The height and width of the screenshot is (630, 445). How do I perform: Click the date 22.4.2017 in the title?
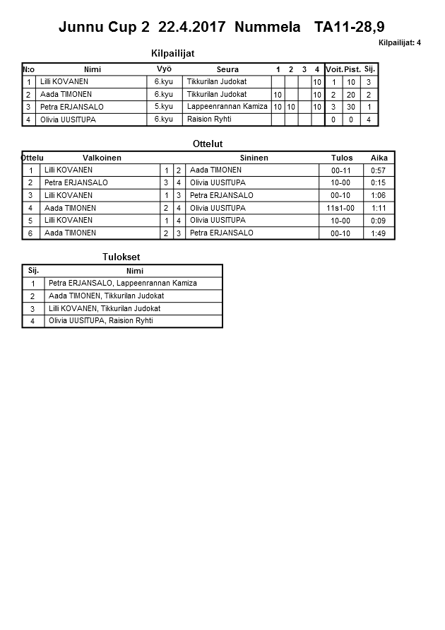pyautogui.click(x=192, y=28)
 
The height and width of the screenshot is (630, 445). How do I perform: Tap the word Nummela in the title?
pyautogui.click(x=267, y=28)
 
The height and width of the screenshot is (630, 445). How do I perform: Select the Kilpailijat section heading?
pyautogui.click(x=172, y=54)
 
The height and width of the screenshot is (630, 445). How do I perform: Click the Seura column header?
pyautogui.click(x=227, y=69)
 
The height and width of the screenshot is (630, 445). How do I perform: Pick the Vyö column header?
pyautogui.click(x=164, y=69)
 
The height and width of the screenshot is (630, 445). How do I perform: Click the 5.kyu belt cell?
pyautogui.click(x=164, y=107)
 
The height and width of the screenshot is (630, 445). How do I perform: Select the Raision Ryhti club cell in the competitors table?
pyautogui.click(x=209, y=119)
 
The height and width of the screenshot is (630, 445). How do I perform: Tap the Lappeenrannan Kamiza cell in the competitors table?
pyautogui.click(x=227, y=107)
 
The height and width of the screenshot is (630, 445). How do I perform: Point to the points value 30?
pyautogui.click(x=351, y=107)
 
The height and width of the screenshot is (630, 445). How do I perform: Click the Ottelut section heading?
pyautogui.click(x=208, y=144)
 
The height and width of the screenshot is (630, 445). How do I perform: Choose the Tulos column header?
pyautogui.click(x=342, y=158)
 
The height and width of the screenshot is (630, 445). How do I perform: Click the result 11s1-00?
pyautogui.click(x=340, y=209)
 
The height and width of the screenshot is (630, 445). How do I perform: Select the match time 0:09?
pyautogui.click(x=378, y=221)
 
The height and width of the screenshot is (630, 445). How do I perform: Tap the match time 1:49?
pyautogui.click(x=378, y=233)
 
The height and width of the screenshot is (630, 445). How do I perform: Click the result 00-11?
pyautogui.click(x=340, y=171)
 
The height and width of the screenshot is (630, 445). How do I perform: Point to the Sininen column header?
pyautogui.click(x=254, y=158)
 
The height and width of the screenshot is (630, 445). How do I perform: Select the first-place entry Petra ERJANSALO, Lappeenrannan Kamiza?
pyautogui.click(x=123, y=284)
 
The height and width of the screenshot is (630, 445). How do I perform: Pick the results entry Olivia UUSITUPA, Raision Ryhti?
pyautogui.click(x=100, y=321)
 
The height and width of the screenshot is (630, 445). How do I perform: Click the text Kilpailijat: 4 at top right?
pyautogui.click(x=400, y=43)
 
